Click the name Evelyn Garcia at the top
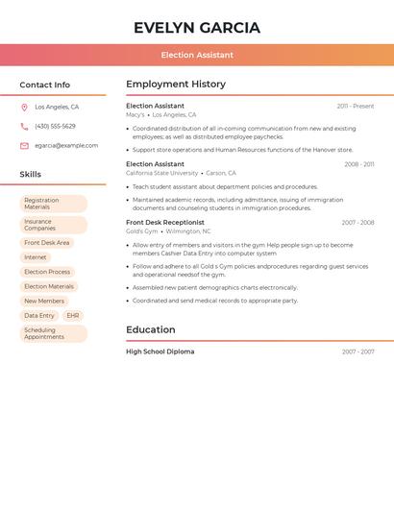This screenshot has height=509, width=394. [197, 27]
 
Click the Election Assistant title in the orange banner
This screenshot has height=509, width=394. [197, 55]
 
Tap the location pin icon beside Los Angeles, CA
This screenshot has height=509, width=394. [24, 107]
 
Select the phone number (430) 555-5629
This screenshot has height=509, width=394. [55, 126]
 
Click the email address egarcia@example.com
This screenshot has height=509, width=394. [66, 145]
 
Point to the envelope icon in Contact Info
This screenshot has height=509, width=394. [24, 146]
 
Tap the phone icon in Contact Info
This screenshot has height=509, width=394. [24, 126]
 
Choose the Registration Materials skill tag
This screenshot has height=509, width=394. [53, 204]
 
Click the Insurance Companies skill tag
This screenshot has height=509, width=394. [53, 225]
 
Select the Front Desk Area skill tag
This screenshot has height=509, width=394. [47, 243]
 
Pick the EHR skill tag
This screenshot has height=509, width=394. [73, 315]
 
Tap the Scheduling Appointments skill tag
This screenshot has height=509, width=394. [53, 333]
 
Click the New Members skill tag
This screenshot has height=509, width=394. [44, 301]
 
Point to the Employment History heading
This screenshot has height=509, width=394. [176, 85]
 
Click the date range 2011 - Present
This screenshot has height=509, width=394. [356, 106]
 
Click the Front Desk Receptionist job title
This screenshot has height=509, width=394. [165, 222]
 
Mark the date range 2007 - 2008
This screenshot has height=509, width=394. [357, 223]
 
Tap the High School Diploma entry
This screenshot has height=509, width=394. [160, 351]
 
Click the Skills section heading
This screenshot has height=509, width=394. [31, 175]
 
